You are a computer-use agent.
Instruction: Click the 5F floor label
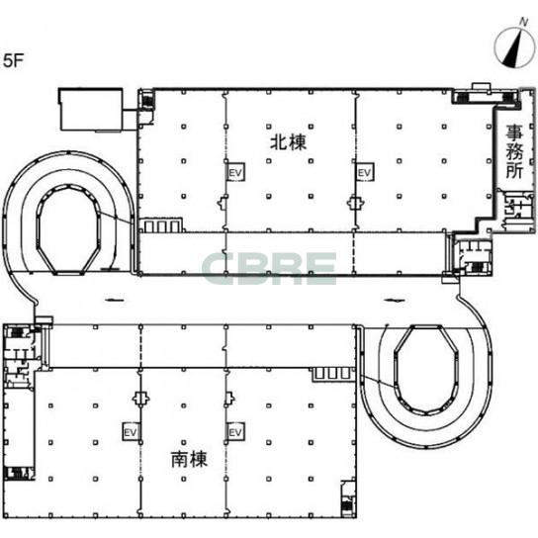click(x=14, y=60)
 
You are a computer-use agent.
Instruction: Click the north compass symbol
click(x=514, y=46)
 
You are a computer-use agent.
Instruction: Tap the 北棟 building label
click(x=288, y=142)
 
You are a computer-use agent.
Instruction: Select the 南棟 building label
click(x=190, y=459)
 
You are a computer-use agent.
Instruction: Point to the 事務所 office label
click(x=514, y=151)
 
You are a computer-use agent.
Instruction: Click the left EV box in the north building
click(x=235, y=173)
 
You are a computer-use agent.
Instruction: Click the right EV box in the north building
click(x=365, y=173)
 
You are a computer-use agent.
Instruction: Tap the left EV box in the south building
click(x=132, y=432)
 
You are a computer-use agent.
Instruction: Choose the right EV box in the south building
click(x=235, y=432)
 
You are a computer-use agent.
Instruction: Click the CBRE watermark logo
click(x=269, y=268)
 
